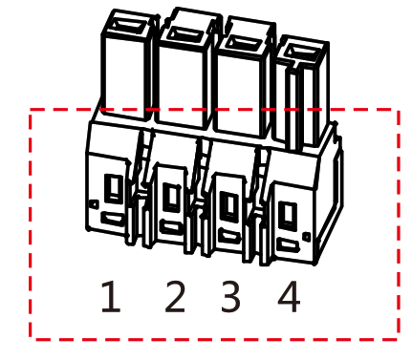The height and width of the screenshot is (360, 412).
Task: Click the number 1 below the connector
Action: (x=111, y=298)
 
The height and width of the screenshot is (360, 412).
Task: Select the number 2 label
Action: (x=174, y=298)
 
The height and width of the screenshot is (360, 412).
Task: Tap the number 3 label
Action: (x=230, y=298)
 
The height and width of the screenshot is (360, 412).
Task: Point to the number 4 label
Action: (x=289, y=298)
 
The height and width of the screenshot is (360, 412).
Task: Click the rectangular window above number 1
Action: (x=113, y=187)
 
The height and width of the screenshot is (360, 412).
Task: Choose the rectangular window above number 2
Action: (x=172, y=196)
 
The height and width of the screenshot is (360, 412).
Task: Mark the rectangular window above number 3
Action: (x=229, y=203)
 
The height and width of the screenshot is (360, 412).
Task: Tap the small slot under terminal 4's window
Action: (x=288, y=245)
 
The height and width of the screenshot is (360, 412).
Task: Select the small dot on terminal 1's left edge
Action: (x=92, y=203)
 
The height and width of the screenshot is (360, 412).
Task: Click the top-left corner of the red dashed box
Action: (x=32, y=111)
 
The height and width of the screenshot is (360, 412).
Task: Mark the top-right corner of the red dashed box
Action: (x=398, y=111)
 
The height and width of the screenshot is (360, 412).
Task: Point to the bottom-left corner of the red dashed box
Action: (x=32, y=337)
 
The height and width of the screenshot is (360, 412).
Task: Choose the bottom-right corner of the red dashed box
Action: (x=398, y=337)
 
